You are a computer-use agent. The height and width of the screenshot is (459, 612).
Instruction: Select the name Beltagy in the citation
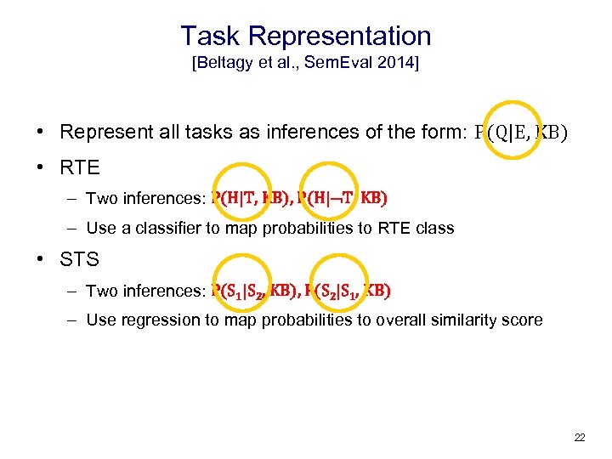point(227,65)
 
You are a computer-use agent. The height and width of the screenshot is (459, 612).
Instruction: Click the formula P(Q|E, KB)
point(519,133)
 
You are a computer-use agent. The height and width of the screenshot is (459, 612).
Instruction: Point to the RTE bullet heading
point(81,167)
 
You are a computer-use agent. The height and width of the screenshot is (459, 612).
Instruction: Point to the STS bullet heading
point(80,259)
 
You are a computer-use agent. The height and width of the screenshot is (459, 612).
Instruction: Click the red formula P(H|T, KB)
point(251,198)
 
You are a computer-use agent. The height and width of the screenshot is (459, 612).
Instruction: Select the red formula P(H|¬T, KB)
point(343,198)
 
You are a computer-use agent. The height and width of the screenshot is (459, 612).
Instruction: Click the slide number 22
point(580,438)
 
